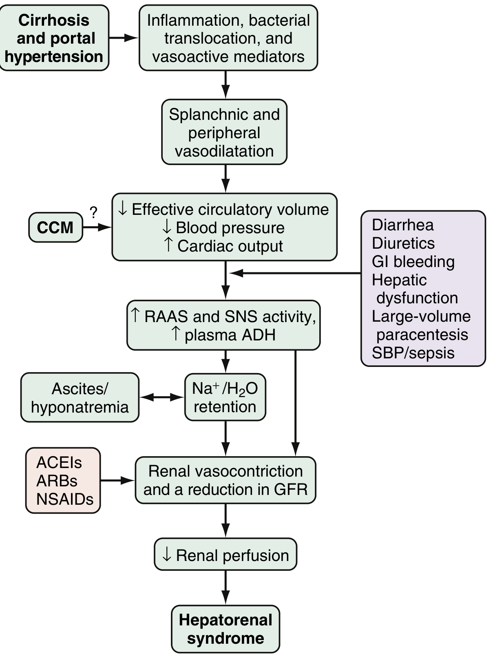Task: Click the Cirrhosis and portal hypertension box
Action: tap(54, 38)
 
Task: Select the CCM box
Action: tap(55, 227)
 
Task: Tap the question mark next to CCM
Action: tap(93, 212)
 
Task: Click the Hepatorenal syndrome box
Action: tap(225, 629)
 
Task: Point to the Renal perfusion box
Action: tap(225, 554)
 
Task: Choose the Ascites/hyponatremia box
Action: tap(80, 397)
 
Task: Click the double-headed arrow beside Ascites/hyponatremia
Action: tap(162, 397)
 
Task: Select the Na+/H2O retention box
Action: tap(225, 397)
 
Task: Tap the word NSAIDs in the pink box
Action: tap(65, 499)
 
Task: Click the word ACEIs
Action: tap(59, 463)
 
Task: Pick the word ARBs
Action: tap(57, 481)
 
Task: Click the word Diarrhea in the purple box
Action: tap(402, 225)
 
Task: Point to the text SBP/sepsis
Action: tap(413, 353)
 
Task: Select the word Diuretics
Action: tap(403, 243)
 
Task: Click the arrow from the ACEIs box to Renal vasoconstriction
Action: tap(117, 481)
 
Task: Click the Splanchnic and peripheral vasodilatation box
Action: tap(224, 132)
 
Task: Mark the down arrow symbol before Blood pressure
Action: tap(167, 228)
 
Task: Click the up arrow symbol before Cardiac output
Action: tap(169, 245)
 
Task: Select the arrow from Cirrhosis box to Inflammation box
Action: tap(124, 38)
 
